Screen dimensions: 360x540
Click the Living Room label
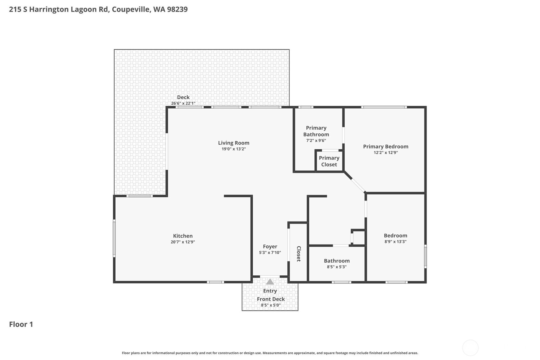coord(234,143)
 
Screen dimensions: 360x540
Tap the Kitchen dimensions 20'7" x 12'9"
coord(183,242)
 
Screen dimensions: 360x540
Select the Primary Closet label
coord(329,161)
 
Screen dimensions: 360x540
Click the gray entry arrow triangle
coord(270,282)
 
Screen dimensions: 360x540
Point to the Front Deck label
coord(271,299)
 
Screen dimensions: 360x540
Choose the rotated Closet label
coord(298,254)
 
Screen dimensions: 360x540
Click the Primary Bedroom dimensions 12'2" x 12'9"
coord(386,152)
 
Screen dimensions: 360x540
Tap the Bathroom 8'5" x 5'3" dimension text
coord(337,267)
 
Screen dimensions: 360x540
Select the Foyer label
coord(270,246)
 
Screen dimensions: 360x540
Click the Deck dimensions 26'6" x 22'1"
coord(183,103)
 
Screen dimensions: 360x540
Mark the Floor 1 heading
coord(21,324)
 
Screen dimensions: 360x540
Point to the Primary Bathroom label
coord(316,131)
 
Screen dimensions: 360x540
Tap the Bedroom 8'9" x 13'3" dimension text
coord(395,242)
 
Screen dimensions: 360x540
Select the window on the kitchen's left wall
coord(114,238)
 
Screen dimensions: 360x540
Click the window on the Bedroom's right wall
coord(425,256)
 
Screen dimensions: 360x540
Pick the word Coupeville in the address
coord(130,9)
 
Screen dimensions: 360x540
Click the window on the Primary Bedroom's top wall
coord(384,107)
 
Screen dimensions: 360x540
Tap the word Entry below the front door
coord(270,291)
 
